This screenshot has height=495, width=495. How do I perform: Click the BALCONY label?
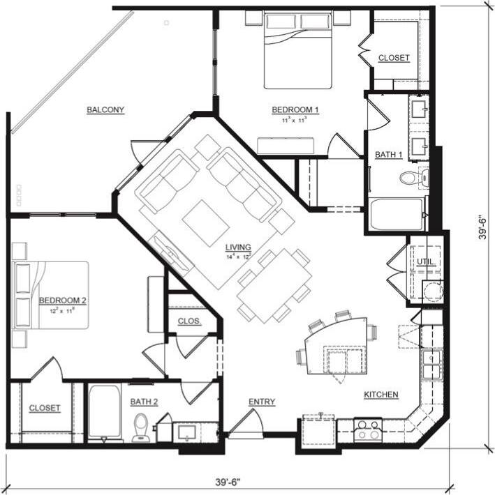(x=105, y=109)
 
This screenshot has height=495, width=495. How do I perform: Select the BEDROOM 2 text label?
(x=62, y=300)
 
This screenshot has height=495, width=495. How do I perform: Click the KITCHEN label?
(x=381, y=395)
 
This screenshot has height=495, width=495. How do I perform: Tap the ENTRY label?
(x=262, y=402)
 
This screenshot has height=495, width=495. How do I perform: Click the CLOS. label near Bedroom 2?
(x=189, y=321)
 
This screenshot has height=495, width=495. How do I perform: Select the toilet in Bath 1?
(x=411, y=177)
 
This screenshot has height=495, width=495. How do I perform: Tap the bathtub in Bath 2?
(x=105, y=413)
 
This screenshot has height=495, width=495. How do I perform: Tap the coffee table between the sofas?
(x=207, y=220)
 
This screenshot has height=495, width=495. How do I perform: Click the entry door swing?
(x=246, y=420)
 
